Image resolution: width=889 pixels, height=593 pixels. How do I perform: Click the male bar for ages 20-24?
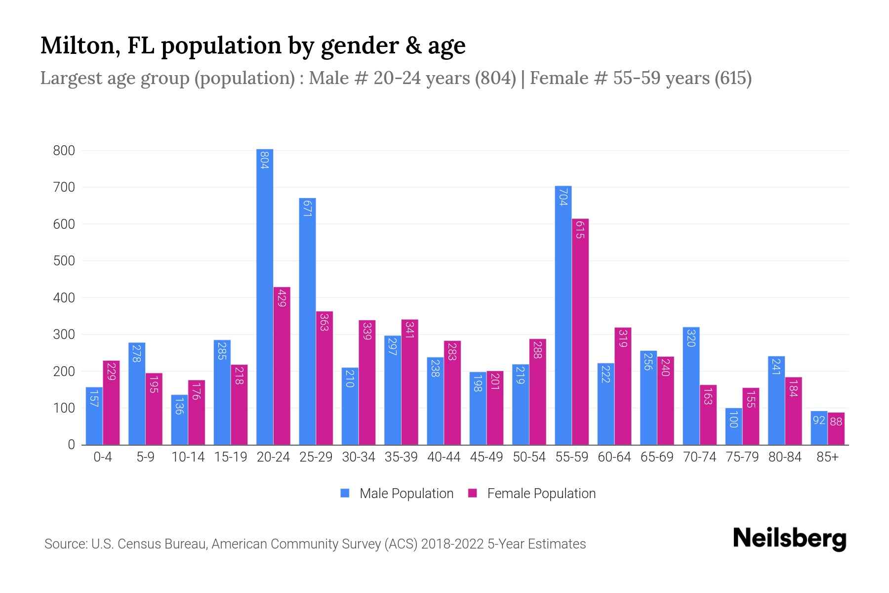[265, 296]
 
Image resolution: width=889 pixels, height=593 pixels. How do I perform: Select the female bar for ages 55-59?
[580, 332]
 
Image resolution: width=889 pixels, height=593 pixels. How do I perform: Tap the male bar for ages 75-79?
[733, 426]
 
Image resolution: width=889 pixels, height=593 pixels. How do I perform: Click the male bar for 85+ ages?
[819, 428]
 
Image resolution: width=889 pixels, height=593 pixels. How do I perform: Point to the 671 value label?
[307, 209]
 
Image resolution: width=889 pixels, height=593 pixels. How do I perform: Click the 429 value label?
[282, 297]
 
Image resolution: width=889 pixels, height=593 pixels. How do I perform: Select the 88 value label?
[836, 422]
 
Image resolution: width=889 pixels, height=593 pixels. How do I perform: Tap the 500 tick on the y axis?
[64, 261]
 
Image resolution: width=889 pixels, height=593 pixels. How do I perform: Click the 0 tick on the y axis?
[71, 445]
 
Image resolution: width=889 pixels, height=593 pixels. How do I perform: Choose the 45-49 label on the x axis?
[486, 457]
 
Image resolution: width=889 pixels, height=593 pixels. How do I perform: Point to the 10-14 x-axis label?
[188, 457]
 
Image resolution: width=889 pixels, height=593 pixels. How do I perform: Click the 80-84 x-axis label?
[785, 457]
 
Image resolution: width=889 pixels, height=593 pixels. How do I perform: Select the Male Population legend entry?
[406, 494]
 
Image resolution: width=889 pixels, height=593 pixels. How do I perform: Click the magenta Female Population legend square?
[473, 493]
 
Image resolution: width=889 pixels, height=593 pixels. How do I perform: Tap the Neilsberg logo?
[789, 539]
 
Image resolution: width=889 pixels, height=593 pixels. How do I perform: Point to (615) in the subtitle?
[733, 78]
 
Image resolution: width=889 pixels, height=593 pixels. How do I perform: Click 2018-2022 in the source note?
[452, 544]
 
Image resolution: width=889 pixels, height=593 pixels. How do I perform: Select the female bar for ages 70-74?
[708, 415]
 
